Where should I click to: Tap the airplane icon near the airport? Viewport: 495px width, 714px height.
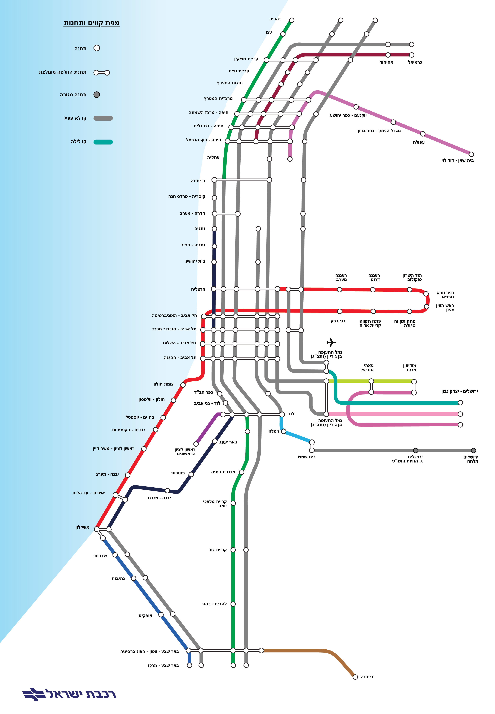[x=332, y=342]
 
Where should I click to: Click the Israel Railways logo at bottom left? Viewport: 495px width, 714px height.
[x=69, y=694]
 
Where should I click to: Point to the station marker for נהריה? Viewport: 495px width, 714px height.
[x=291, y=20]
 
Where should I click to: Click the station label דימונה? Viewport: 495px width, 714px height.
[x=367, y=677]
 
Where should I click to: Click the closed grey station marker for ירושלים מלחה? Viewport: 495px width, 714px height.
[x=474, y=450]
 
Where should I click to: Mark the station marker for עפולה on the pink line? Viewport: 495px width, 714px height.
[x=423, y=134]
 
